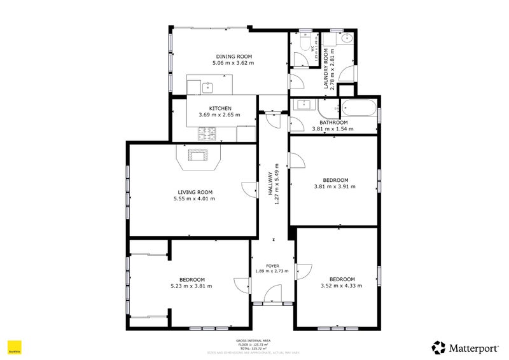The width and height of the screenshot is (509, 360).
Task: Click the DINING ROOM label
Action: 233,56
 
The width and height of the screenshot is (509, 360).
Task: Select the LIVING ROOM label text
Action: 194,191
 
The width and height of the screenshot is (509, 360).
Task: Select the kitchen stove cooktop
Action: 206,133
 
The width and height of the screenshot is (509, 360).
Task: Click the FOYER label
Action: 272,265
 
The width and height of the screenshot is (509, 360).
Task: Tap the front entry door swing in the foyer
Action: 273,294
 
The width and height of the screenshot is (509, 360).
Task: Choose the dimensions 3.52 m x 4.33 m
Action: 342,286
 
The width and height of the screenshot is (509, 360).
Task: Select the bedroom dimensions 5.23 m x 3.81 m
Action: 192,286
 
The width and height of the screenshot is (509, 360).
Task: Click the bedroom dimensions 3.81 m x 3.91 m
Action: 335,186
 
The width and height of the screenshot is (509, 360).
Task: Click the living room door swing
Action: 247,190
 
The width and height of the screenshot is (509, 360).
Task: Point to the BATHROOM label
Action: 333,122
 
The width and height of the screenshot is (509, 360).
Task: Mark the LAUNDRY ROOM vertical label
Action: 324,71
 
